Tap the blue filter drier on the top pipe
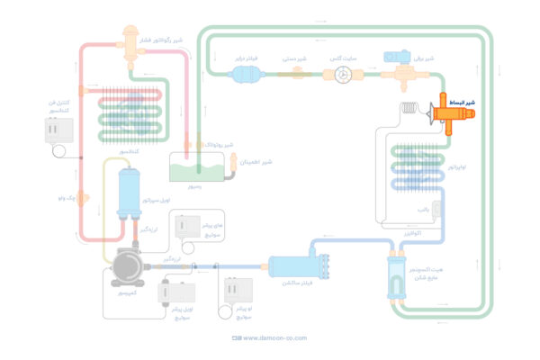245,77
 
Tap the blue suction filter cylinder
292,266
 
